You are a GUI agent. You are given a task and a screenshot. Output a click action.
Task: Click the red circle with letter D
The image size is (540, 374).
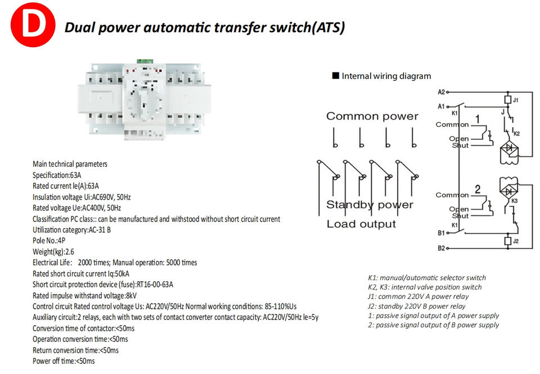(x=33, y=24)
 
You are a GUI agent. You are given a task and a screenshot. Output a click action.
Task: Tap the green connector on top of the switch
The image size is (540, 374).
(x=145, y=61)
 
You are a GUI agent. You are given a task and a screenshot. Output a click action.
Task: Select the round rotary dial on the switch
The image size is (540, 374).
(x=145, y=102)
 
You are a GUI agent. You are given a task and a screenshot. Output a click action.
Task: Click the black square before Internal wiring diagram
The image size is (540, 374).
(x=335, y=75)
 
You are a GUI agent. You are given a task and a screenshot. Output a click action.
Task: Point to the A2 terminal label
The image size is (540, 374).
(x=441, y=92)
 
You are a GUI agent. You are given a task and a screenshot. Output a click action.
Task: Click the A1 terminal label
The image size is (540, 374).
(x=441, y=106)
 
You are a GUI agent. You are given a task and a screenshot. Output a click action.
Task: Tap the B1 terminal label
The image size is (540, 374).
(x=441, y=233)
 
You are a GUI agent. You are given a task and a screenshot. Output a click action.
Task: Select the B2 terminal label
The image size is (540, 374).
(x=441, y=248)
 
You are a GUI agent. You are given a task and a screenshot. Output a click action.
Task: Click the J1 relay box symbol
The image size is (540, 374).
(x=507, y=100)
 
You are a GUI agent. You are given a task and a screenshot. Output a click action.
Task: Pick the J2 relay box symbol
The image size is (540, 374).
(x=507, y=241)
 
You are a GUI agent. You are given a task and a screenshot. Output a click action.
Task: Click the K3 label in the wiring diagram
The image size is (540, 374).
(x=515, y=201)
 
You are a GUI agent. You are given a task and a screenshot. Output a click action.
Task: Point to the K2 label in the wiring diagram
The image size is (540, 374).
(x=516, y=134)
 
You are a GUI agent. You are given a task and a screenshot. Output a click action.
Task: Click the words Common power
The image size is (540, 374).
(x=372, y=116)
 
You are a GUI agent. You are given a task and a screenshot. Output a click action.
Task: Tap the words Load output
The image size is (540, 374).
(x=361, y=224)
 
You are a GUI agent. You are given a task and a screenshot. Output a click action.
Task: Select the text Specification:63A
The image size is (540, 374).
(x=57, y=175)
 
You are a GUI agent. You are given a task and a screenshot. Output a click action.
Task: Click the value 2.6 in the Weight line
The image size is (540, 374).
(x=70, y=252)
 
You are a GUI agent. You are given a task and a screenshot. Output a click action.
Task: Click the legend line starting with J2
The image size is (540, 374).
(x=417, y=306)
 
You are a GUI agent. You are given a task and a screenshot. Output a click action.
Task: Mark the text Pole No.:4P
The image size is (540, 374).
(x=49, y=240)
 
